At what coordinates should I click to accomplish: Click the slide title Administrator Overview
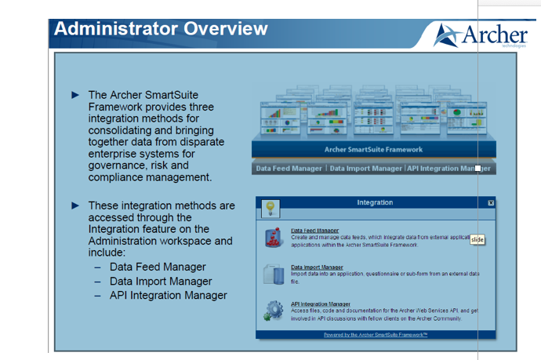point(161,30)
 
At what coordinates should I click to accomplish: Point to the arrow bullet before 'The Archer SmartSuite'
point(75,95)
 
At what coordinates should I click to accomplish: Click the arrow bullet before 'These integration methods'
point(75,205)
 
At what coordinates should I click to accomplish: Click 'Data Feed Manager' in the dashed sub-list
point(158,267)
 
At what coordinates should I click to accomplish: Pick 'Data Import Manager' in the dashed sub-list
point(160,281)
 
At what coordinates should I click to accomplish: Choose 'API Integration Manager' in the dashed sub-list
point(168,295)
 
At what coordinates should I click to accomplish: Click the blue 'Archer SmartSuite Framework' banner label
point(373,149)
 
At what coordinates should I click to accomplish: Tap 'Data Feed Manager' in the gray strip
point(289,169)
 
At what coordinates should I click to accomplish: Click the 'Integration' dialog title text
point(375,202)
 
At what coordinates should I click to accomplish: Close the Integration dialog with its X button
point(491,202)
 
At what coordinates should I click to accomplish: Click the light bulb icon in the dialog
point(270,208)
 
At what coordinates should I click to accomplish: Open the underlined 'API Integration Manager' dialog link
point(321,304)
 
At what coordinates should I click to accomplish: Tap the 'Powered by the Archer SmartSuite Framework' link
point(376,334)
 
